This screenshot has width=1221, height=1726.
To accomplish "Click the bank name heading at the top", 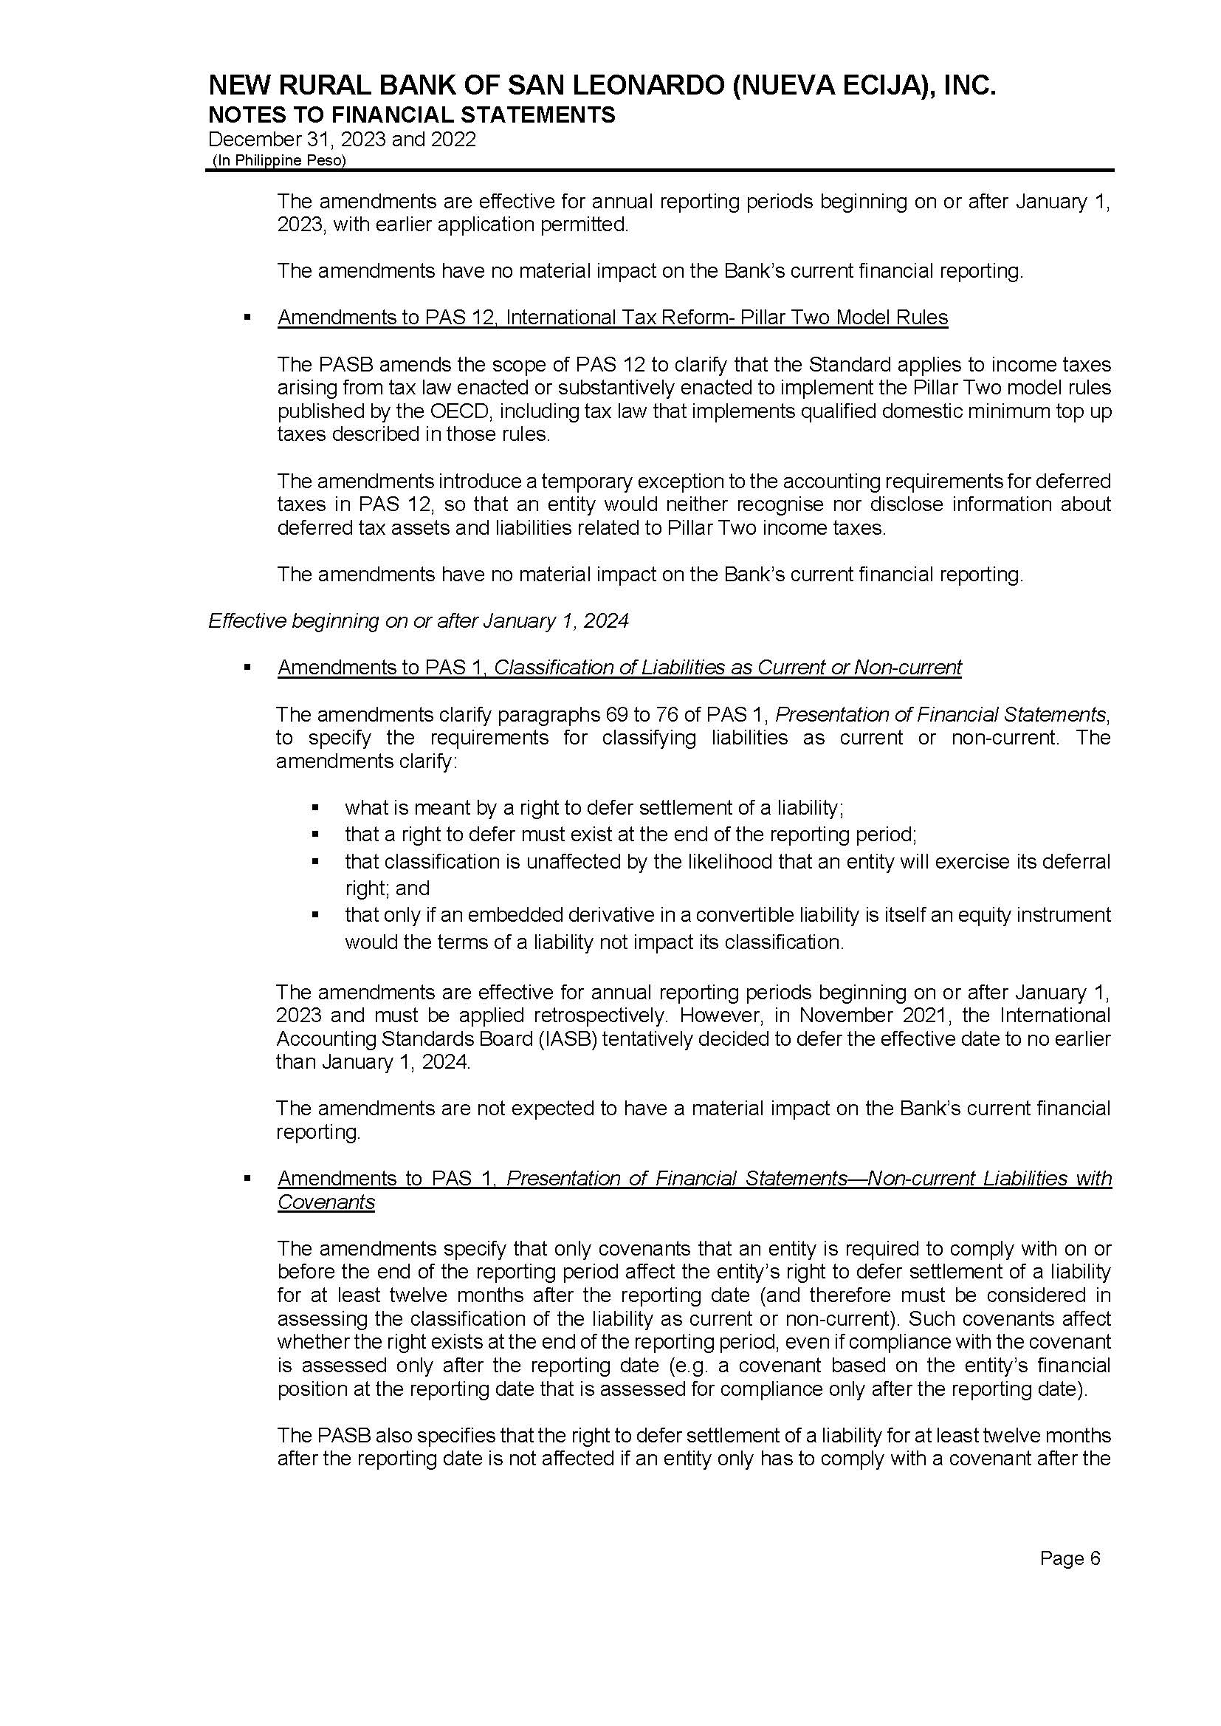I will [602, 86].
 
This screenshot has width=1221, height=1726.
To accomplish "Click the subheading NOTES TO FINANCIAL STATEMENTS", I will [411, 115].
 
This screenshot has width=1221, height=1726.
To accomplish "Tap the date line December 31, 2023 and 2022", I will [341, 139].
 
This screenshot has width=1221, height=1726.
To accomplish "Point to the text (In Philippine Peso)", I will [279, 160].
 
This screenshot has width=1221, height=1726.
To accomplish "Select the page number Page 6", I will [1069, 1558].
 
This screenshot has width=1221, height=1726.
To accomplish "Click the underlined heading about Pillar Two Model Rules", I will [612, 318].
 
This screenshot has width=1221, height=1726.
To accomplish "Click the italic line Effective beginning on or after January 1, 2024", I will [418, 620].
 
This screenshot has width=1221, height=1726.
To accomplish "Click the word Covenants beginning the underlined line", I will [326, 1202].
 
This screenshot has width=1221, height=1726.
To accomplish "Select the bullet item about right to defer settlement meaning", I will [594, 808].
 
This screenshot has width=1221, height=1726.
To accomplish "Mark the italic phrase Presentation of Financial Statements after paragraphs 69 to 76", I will [940, 713].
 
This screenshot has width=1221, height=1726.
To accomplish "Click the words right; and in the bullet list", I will [386, 888].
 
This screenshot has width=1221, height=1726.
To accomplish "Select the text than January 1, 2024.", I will [373, 1062].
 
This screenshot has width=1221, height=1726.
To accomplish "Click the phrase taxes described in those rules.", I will [413, 435].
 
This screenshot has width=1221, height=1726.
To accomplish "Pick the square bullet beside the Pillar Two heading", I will [247, 318].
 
